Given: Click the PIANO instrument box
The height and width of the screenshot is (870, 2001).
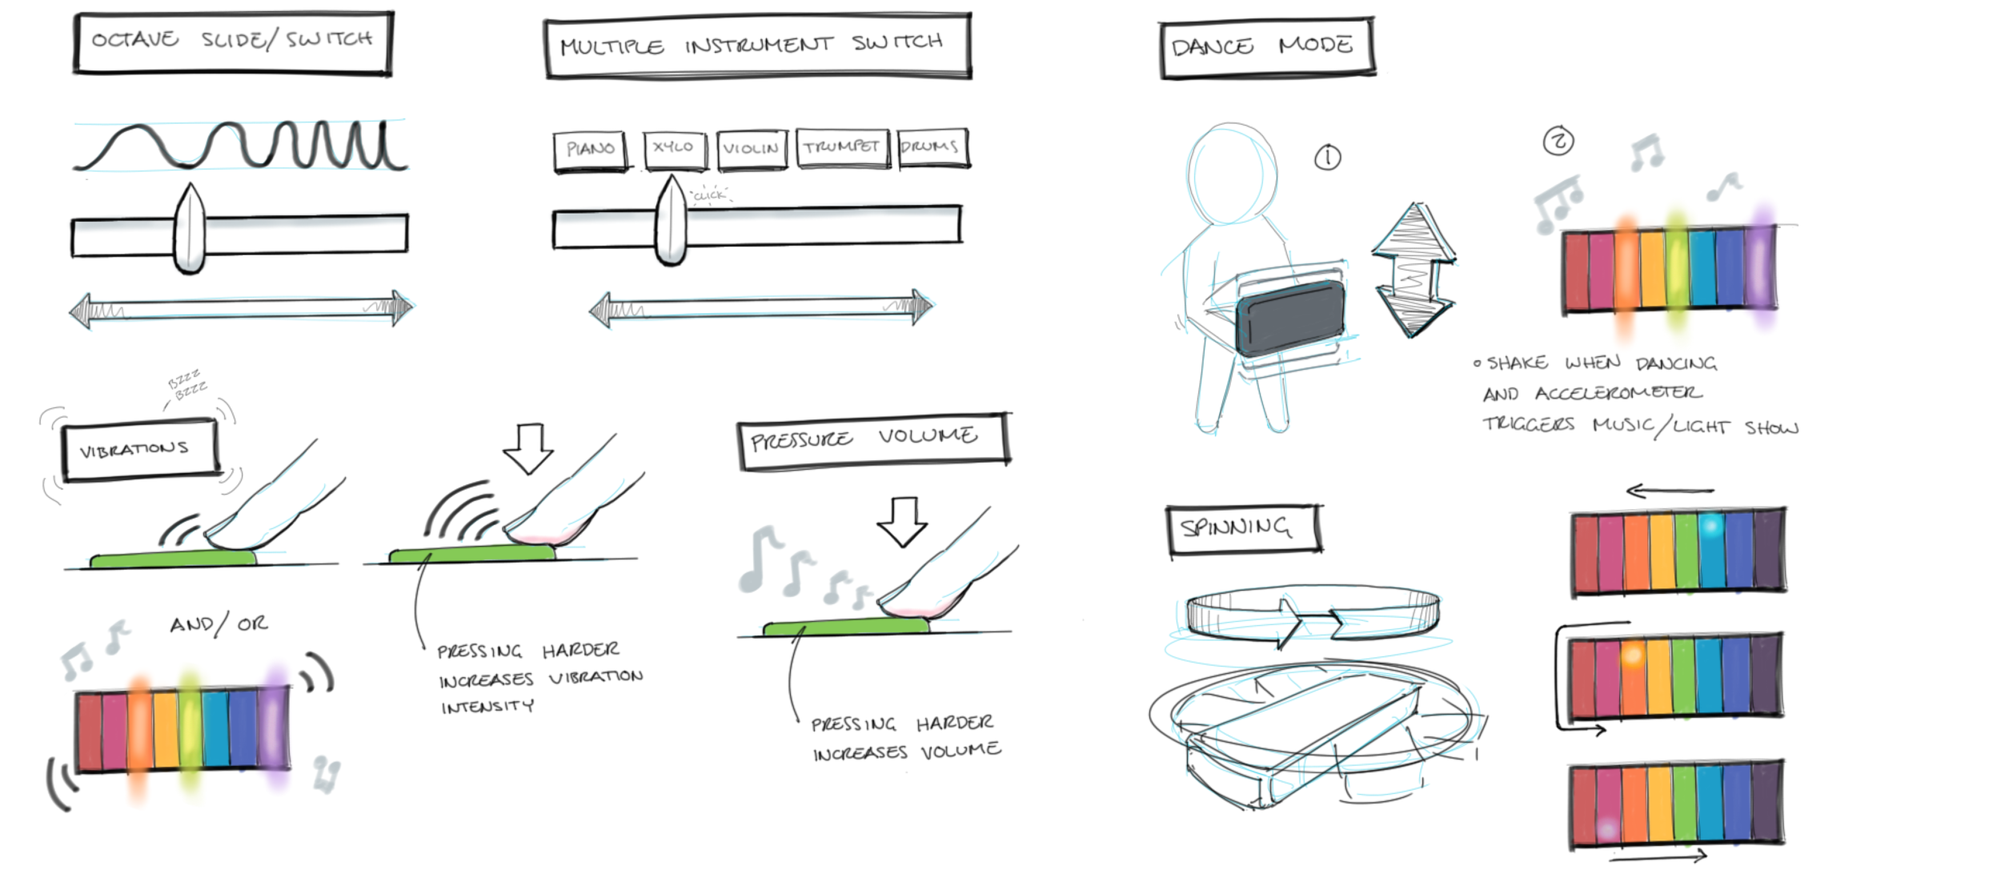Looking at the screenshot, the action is pyautogui.click(x=590, y=150).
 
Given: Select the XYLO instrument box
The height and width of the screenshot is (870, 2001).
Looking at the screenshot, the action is pyautogui.click(x=674, y=148).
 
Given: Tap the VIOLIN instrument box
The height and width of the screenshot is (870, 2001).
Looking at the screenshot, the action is pyautogui.click(x=751, y=149).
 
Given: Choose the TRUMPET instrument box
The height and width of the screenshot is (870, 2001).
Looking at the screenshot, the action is pyautogui.click(x=842, y=147).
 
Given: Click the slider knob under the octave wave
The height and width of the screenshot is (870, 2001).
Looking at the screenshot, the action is pyautogui.click(x=190, y=232).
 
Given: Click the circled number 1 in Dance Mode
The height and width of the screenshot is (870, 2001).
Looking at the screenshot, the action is pyautogui.click(x=1327, y=158).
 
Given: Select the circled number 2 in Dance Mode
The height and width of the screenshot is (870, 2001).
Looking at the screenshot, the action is pyautogui.click(x=1558, y=142).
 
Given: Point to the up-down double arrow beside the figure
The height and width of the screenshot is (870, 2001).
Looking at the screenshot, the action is pyautogui.click(x=1414, y=270).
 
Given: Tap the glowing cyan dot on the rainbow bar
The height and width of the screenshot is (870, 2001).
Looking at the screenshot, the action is pyautogui.click(x=1710, y=526).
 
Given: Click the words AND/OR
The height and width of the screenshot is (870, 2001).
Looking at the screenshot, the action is pyautogui.click(x=219, y=623).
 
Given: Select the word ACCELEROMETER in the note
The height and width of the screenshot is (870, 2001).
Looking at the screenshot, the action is pyautogui.click(x=1618, y=393).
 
